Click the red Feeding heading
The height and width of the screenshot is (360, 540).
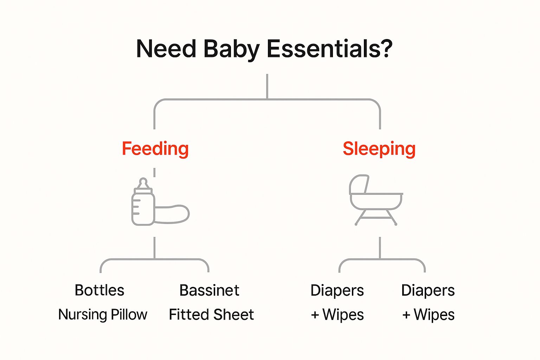click(155, 149)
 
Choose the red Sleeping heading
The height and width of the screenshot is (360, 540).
click(379, 149)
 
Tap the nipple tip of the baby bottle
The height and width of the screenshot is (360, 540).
click(143, 181)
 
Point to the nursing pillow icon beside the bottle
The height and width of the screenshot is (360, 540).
click(172, 213)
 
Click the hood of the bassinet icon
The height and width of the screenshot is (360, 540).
click(359, 184)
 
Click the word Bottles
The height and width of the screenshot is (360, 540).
click(99, 290)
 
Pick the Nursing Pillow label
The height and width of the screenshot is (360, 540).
click(103, 315)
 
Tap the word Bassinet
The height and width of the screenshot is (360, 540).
click(209, 290)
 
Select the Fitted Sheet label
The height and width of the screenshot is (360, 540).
click(211, 315)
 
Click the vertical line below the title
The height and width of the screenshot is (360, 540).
click(267, 86)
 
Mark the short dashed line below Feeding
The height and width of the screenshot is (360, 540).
click(154, 172)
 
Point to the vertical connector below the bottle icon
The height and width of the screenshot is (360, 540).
click(154, 248)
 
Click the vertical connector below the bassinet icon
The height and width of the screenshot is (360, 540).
click(380, 248)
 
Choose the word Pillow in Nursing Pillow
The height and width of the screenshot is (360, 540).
click(129, 315)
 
